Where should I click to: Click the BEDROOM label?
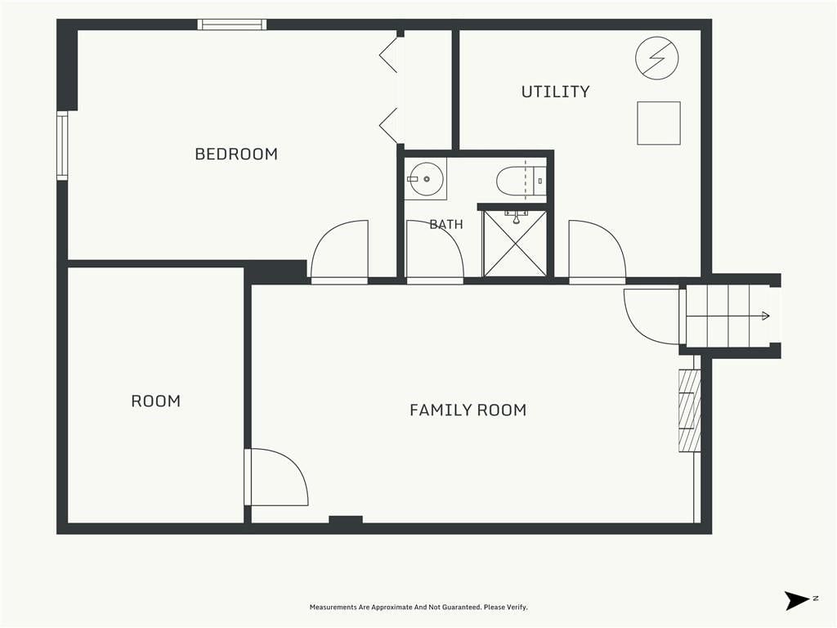click(x=236, y=154)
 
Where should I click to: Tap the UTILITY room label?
click(x=555, y=92)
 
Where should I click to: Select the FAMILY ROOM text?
click(x=468, y=410)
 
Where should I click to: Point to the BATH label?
click(x=446, y=224)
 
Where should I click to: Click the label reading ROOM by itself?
click(x=156, y=401)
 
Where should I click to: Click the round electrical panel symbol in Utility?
click(x=657, y=58)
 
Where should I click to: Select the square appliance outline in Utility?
click(x=659, y=123)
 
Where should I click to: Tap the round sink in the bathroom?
click(x=425, y=179)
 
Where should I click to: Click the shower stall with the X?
click(x=515, y=244)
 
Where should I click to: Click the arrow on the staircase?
click(x=727, y=316)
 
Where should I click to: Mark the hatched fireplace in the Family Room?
click(x=689, y=411)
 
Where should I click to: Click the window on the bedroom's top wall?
click(x=231, y=25)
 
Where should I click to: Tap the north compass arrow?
click(x=798, y=600)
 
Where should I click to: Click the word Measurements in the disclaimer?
click(x=333, y=608)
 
